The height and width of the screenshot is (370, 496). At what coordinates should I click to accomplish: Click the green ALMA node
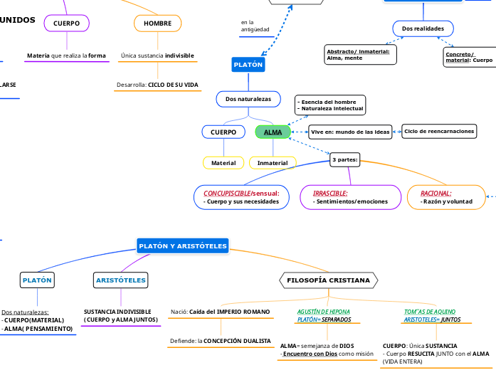point(273,132)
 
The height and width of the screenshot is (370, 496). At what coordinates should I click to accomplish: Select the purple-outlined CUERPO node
point(66,23)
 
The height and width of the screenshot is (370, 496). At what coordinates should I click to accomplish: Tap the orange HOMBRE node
point(157,23)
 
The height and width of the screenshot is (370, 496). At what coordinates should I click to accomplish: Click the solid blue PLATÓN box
point(248,65)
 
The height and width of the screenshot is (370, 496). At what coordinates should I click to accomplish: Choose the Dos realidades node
point(423,28)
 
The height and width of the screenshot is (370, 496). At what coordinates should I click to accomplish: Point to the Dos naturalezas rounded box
point(248,99)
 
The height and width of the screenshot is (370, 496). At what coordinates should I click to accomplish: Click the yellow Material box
point(223,163)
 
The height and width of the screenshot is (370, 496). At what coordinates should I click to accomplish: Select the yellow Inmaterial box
point(272,163)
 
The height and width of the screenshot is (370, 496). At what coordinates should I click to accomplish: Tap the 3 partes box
point(345,160)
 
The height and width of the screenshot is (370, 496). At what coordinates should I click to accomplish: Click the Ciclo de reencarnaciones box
point(439,132)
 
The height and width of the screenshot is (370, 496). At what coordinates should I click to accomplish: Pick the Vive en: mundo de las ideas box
point(352,132)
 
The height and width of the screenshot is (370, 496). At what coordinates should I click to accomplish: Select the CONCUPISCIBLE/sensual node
point(242,197)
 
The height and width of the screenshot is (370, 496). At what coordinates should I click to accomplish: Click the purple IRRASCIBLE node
point(348,197)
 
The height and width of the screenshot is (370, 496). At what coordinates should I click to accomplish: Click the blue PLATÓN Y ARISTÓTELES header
point(182,246)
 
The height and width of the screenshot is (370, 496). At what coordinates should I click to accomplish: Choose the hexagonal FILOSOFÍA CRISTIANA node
point(328,280)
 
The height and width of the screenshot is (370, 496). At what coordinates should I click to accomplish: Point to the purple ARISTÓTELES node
point(120,280)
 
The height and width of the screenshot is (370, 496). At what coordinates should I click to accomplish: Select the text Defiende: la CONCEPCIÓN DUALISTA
point(221,341)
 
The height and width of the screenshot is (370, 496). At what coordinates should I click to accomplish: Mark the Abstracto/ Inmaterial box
point(361,55)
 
